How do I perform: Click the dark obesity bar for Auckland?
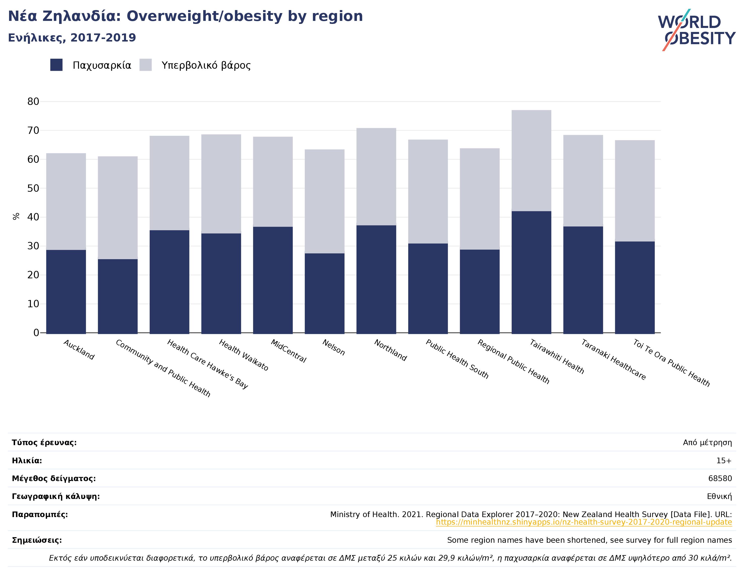coord(66,291)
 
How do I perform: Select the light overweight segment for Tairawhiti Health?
coord(531,161)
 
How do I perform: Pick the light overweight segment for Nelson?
coord(325,201)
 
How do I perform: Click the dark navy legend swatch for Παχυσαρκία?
coord(57,65)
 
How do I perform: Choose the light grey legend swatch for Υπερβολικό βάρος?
coord(146,65)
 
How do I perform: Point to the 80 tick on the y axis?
coord(33,102)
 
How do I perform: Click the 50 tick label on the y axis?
coord(33,188)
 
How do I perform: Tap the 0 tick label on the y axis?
coord(36,333)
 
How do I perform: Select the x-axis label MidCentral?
coord(288,351)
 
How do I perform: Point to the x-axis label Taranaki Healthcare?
coord(613,360)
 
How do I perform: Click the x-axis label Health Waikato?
coord(243,355)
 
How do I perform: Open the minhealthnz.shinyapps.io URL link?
coord(584,522)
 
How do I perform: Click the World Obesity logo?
coord(697,30)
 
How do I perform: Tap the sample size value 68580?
coord(720,478)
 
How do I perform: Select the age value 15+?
coord(724,461)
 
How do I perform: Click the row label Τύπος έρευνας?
coord(44,443)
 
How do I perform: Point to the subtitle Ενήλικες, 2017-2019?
coord(72,37)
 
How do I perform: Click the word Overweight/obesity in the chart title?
coord(204,16)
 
